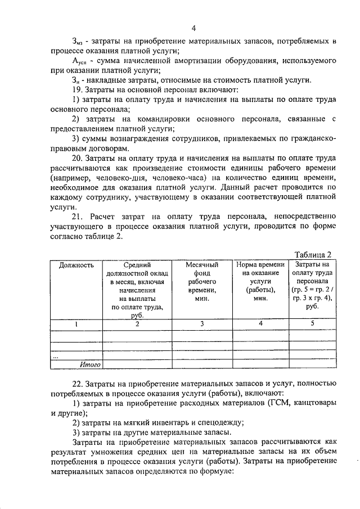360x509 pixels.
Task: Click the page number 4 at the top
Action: [193, 28]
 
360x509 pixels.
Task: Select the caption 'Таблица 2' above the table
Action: [313, 254]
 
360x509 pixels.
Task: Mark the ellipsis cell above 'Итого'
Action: [55, 356]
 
